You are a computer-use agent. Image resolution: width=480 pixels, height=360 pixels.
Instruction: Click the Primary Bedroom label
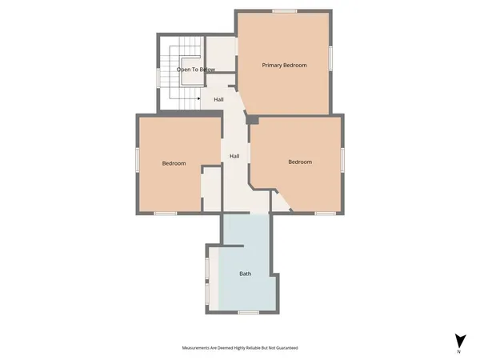284,65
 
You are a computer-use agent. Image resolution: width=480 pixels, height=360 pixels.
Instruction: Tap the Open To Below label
196,70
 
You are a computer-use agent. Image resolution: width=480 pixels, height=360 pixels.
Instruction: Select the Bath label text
246,274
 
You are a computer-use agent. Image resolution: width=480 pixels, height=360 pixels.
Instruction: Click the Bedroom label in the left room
174,163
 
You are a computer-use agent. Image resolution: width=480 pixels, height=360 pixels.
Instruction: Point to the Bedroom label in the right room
300,162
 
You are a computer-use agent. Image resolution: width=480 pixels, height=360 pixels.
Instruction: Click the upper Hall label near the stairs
218,99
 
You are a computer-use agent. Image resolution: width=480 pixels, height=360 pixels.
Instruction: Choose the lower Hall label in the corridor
234,156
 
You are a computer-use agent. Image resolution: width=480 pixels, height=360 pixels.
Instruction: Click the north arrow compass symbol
459,339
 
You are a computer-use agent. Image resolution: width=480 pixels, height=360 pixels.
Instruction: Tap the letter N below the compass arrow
459,352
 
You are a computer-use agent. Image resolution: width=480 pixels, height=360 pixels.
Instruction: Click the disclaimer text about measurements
240,349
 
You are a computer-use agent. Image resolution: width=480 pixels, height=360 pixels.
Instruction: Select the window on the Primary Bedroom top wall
285,10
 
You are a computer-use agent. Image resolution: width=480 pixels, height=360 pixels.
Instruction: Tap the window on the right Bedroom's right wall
344,160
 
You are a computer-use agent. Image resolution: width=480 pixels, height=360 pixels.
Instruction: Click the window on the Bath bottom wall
248,312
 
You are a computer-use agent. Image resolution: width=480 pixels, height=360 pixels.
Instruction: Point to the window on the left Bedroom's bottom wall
166,213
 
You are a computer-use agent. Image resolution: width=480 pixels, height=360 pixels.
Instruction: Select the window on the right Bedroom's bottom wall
325,213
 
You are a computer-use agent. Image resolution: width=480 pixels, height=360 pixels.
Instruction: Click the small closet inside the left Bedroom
210,190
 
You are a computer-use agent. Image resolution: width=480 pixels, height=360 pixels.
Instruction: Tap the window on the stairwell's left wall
158,78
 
